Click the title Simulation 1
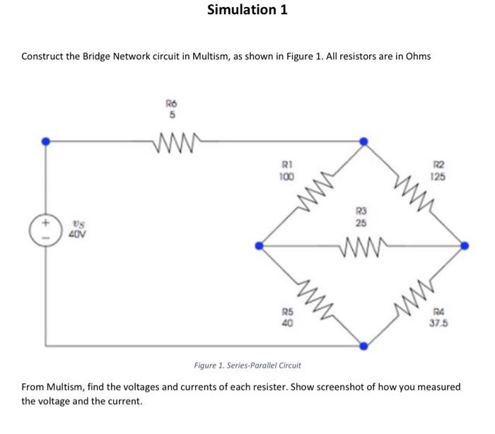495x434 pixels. (247, 10)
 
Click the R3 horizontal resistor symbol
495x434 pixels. (361, 247)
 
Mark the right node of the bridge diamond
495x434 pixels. (465, 246)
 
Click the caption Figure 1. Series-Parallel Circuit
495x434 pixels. (248, 365)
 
